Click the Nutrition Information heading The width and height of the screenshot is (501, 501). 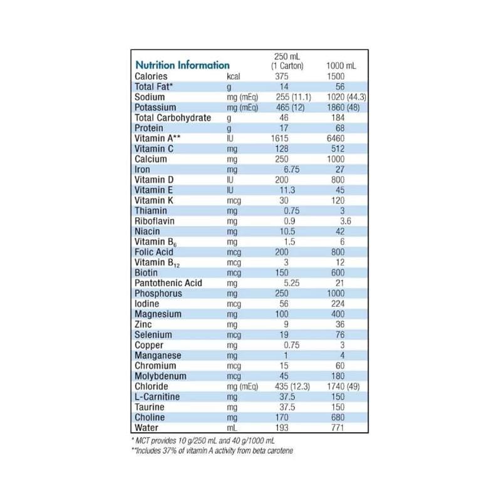pos(182,65)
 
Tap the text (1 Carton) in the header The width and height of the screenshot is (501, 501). pos(287,66)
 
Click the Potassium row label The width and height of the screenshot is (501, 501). pos(154,108)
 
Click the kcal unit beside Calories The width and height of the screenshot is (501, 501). pos(234,76)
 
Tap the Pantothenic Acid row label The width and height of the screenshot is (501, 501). pos(168,283)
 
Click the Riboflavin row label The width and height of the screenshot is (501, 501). pos(153,221)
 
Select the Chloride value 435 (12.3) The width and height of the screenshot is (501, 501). pos(292,386)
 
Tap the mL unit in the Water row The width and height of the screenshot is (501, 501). pos(232,428)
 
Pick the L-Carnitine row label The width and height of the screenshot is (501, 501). pos(157,397)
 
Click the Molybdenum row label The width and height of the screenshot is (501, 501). pos(158,376)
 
